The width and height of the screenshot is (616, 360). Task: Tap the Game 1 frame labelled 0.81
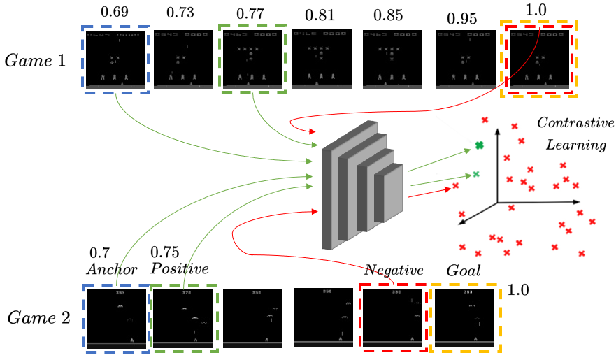tap(322, 59)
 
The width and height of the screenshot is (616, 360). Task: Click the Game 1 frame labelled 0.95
tap(466, 59)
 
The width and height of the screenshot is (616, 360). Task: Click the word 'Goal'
tap(464, 269)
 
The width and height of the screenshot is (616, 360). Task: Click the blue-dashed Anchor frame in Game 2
tap(116, 317)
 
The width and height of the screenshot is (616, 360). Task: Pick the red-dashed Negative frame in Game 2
tap(393, 317)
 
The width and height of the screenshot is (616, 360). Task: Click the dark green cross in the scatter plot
tap(479, 145)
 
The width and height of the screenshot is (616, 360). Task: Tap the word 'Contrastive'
tap(570, 123)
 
